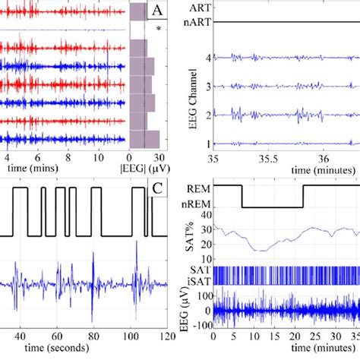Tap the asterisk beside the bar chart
158,29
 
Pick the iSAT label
199,279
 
